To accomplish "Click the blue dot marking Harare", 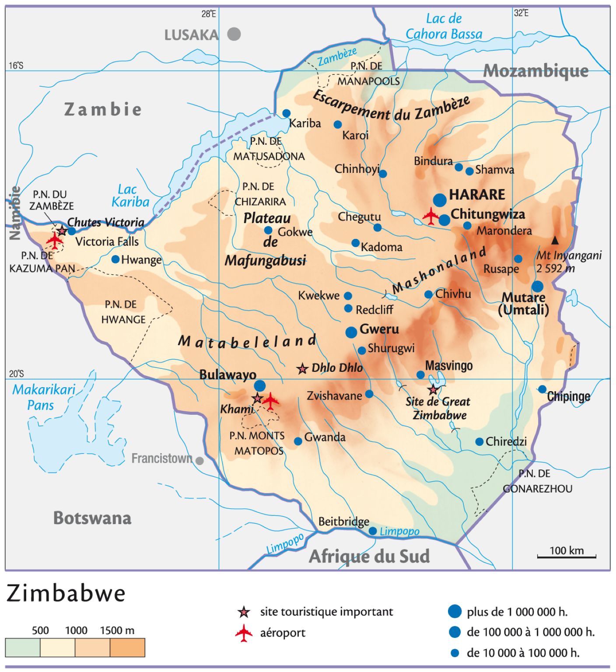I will click(440, 200).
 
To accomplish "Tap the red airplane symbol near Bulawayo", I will click(270, 400).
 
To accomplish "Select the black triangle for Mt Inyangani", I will click(555, 240).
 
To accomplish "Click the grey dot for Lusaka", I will click(234, 34).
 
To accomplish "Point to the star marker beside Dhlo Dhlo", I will click(302, 369).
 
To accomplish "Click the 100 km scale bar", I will click(567, 556).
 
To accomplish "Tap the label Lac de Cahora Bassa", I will click(444, 26).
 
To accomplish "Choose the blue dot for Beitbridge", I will click(373, 531).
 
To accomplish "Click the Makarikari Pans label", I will click(43, 397).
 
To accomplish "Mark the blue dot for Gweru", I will click(351, 332).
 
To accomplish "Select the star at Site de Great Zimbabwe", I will click(433, 389).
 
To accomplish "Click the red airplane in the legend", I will click(244, 633).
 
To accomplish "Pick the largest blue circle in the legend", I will click(455, 611).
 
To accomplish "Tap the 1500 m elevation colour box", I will click(127, 647).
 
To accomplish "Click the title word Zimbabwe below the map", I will click(66, 594).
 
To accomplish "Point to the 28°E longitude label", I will click(209, 14).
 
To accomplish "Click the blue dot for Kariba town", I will click(287, 113).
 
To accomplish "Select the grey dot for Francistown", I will click(199, 461).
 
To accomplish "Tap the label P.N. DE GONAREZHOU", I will click(537, 481).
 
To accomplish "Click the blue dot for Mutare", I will click(537, 287).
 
